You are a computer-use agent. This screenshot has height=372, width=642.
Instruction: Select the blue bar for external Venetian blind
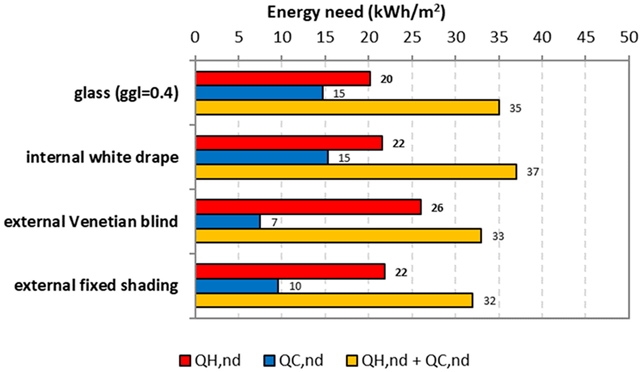click(228, 222)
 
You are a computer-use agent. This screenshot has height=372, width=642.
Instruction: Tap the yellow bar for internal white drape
click(356, 172)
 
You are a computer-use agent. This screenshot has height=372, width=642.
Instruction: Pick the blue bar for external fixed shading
click(237, 286)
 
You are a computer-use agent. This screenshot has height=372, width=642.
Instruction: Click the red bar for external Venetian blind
click(308, 207)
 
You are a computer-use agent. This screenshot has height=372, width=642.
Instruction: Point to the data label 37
click(533, 172)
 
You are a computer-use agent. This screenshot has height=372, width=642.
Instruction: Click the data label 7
click(274, 223)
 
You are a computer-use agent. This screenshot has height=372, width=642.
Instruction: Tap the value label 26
click(437, 208)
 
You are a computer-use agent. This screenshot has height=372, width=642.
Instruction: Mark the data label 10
click(295, 286)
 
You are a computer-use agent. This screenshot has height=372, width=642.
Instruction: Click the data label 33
click(498, 237)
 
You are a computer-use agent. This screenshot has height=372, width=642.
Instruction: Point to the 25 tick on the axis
click(412, 37)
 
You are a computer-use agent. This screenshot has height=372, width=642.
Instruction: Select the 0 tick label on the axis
click(195, 37)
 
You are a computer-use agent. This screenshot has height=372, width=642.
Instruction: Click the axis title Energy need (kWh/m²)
click(356, 12)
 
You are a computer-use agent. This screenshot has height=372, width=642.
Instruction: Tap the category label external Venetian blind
click(91, 221)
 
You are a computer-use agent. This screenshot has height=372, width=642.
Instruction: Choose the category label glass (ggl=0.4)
click(126, 94)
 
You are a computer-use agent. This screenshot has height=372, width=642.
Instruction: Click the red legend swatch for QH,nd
click(185, 361)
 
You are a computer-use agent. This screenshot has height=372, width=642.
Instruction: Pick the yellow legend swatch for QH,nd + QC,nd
click(352, 361)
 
